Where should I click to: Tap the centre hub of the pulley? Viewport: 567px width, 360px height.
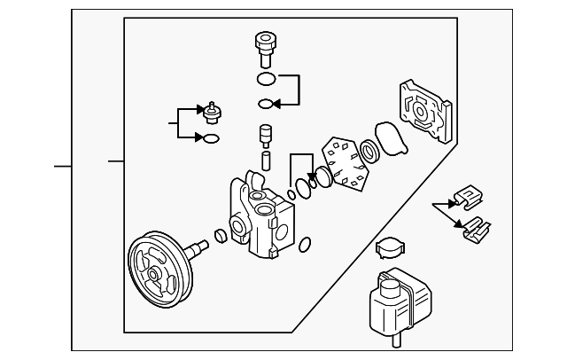pos(156,274)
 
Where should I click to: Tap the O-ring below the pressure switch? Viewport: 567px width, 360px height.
pos(212,138)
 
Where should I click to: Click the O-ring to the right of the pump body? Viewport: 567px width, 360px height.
pos(304,245)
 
